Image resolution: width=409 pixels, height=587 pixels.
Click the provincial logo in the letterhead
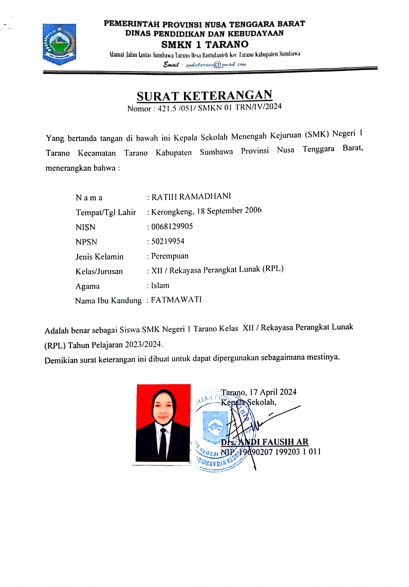[59, 44]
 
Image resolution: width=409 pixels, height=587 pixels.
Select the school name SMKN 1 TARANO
[205, 44]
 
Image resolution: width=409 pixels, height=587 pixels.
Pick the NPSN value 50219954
[168, 241]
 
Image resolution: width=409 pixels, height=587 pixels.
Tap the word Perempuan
[170, 256]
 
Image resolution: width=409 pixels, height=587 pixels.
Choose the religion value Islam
[160, 285]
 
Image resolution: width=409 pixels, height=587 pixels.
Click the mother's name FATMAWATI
[176, 300]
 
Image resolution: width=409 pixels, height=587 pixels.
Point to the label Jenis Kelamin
[99, 257]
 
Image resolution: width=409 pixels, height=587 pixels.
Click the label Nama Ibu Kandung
[108, 301]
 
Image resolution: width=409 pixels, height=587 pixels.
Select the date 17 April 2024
[273, 392]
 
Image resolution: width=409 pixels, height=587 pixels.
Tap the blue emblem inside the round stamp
[215, 425]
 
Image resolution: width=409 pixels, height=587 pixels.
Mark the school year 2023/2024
[143, 344]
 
